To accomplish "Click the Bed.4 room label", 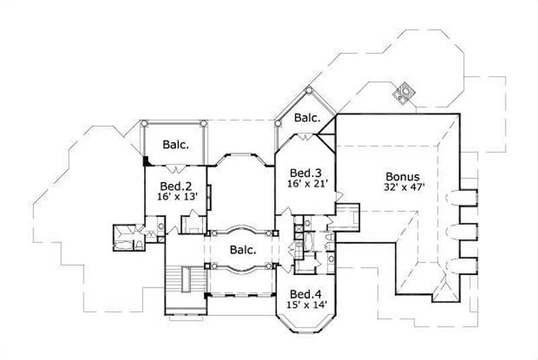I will tap(306, 294).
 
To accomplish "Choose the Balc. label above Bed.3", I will tap(306, 119).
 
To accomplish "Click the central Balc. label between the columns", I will tap(242, 250).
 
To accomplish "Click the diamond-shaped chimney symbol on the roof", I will tap(404, 92).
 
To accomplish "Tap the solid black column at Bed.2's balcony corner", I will tap(146, 160).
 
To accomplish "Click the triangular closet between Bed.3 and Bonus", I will tap(326, 137).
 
